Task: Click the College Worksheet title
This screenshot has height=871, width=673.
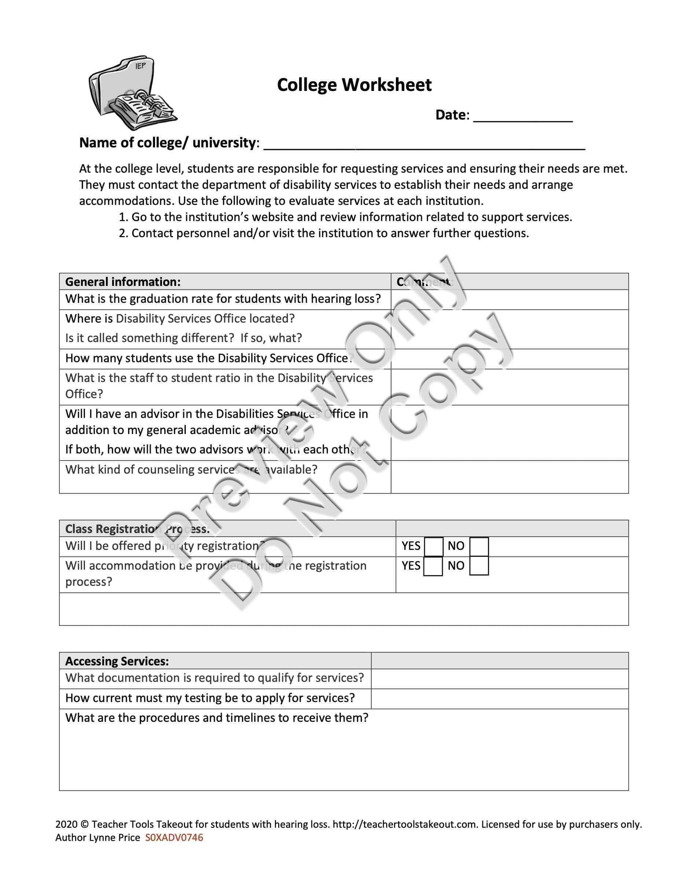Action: pos(354,85)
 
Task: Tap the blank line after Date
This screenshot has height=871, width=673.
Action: pos(523,117)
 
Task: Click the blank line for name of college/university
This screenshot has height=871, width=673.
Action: pos(424,144)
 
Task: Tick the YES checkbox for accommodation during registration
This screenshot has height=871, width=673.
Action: pos(433,566)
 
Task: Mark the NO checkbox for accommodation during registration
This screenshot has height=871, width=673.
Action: pos(479,566)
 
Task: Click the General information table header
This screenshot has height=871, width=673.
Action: pos(123,282)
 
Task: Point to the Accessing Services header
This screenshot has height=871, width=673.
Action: pos(117,661)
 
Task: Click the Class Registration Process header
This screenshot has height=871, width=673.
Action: pos(137,529)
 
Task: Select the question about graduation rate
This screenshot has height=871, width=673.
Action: pos(223,299)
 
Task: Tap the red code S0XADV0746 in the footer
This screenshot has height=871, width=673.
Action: pos(174,838)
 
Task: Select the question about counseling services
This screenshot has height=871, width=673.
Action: pos(191,469)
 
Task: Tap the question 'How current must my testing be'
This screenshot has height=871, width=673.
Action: pos(210,698)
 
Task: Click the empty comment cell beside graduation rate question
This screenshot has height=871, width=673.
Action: pos(509,299)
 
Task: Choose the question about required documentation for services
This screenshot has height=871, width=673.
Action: pos(214,678)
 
